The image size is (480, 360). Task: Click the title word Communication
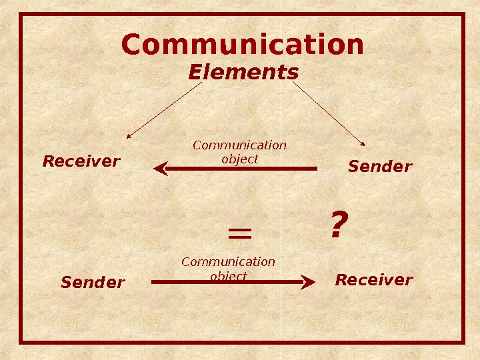click(x=243, y=45)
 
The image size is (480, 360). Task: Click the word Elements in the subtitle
click(x=243, y=71)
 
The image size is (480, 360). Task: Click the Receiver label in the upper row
click(x=81, y=161)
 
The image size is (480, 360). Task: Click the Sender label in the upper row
click(x=380, y=166)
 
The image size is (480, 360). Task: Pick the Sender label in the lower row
click(x=93, y=283)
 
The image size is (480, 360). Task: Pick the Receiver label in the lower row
click(x=373, y=279)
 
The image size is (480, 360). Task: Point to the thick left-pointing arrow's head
click(x=160, y=169)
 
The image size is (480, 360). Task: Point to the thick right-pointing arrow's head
click(x=308, y=282)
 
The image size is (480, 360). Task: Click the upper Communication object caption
click(x=239, y=152)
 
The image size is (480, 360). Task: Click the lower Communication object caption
click(x=228, y=269)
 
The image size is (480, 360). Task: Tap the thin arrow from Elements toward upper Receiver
click(x=163, y=110)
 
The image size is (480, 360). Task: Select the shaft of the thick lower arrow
click(x=227, y=282)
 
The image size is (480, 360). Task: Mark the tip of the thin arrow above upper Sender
click(x=364, y=144)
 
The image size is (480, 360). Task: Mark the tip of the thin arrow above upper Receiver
click(x=128, y=137)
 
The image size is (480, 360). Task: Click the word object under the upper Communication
click(x=239, y=160)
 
